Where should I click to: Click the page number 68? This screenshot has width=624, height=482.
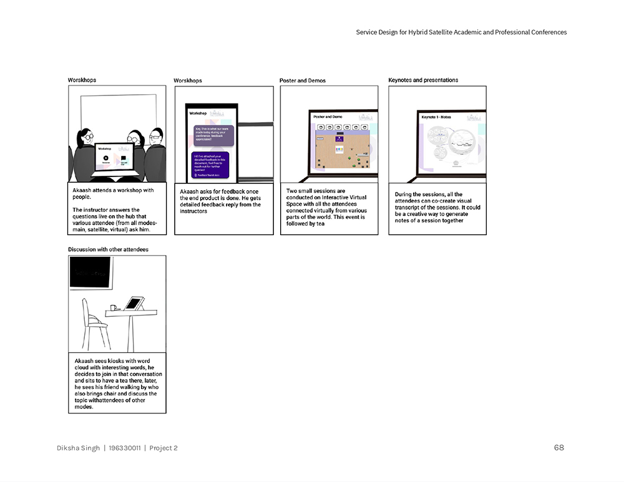click(x=558, y=447)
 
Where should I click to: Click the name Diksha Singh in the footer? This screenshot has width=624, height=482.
click(x=78, y=448)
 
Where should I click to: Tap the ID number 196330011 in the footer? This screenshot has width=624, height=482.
click(x=124, y=448)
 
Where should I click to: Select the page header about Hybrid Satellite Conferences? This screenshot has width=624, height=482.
click(x=461, y=32)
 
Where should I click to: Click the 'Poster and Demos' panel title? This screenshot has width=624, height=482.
click(x=303, y=80)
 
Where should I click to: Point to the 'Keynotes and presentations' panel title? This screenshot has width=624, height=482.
click(x=423, y=80)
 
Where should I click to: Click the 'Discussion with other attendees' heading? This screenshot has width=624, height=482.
click(x=108, y=249)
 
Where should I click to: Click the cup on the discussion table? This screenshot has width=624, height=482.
click(x=114, y=307)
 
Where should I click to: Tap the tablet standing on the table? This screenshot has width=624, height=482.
click(x=134, y=304)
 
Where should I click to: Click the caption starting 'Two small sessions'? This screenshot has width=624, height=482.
click(x=326, y=207)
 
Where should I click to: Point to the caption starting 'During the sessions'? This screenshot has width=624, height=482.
click(x=437, y=207)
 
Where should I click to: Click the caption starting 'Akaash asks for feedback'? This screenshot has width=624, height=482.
click(x=220, y=201)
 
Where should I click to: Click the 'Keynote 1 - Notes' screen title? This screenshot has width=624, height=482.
click(x=436, y=117)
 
